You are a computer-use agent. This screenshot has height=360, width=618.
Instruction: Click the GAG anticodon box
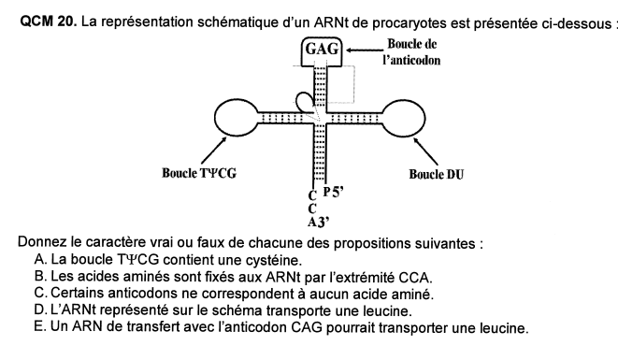[x=322, y=37]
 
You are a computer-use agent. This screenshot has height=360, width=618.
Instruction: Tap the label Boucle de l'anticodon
[x=411, y=51]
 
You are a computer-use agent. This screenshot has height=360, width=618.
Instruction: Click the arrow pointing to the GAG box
[x=365, y=50]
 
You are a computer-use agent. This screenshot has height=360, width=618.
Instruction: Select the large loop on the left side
[x=215, y=118]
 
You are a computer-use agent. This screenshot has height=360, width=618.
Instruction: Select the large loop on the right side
[x=424, y=119]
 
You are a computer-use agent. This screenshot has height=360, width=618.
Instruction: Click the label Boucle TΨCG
[x=199, y=173]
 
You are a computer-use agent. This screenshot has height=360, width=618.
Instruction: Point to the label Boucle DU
[x=437, y=174]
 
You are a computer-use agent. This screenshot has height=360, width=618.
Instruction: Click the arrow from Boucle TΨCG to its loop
[x=214, y=150]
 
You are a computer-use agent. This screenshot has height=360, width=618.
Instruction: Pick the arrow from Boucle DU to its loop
[x=425, y=151]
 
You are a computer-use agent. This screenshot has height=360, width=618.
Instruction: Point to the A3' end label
[x=318, y=223]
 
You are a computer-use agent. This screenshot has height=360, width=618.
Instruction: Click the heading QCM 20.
[x=48, y=22]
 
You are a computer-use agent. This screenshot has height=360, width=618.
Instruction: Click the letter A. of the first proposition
[x=40, y=259]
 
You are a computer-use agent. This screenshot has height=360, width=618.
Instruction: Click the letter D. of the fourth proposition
[x=40, y=310]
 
